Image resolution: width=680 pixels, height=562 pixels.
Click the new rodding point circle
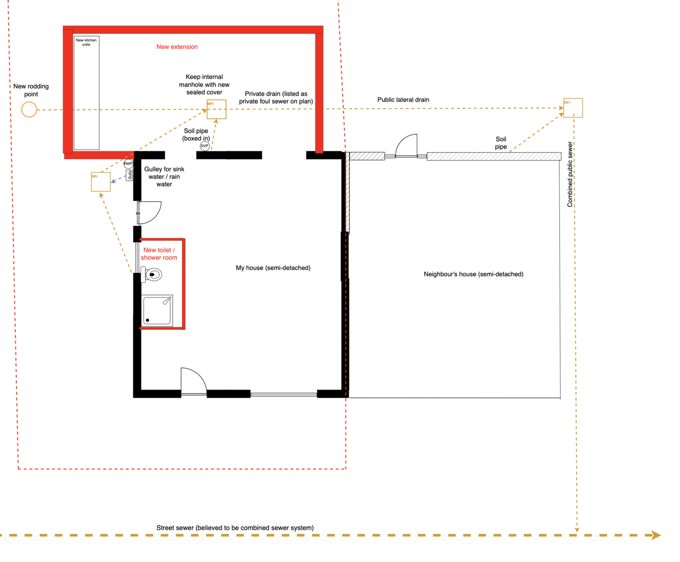(29, 109)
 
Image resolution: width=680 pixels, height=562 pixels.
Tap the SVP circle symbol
(204, 146)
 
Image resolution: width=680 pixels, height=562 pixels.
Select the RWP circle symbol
(128, 163)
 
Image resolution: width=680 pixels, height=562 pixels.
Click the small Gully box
(130, 175)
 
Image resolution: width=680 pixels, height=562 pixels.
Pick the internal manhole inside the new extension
(216, 109)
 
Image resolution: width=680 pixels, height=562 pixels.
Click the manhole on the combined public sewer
(573, 108)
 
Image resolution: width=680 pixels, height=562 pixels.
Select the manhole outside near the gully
(101, 182)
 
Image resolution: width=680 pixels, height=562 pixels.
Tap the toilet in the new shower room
(152, 274)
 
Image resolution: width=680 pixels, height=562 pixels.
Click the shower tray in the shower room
(157, 310)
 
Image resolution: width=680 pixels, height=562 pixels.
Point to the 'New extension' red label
(177, 47)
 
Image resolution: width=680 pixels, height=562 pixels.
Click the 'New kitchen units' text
(86, 42)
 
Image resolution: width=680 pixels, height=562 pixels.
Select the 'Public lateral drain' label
(403, 100)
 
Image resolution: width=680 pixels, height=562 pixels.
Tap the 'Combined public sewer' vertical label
(570, 174)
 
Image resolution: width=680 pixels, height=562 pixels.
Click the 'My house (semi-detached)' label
(273, 268)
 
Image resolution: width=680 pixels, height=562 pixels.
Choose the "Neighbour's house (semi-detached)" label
(473, 274)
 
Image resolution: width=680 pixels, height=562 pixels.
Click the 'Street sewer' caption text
(235, 528)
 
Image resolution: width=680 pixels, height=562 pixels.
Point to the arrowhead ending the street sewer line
(656, 535)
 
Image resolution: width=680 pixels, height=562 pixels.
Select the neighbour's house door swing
(406, 145)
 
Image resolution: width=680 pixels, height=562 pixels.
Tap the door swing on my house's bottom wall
(194, 380)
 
